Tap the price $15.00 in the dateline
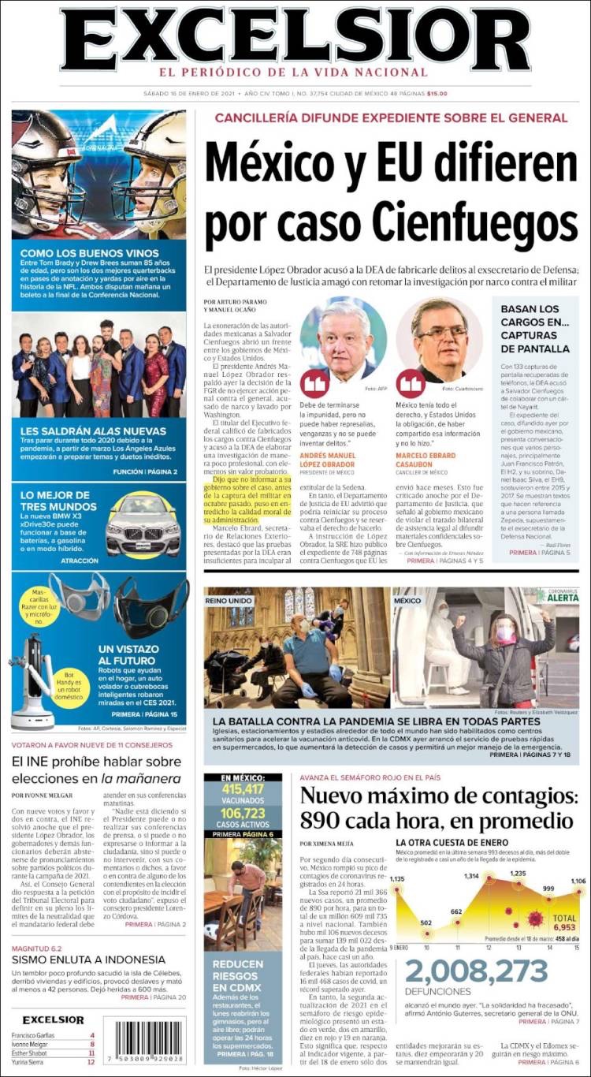tap(437, 94)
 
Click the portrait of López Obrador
tap(343, 341)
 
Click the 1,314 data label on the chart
tap(471, 877)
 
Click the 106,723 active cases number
tap(243, 812)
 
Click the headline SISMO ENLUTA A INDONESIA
tap(88, 960)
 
